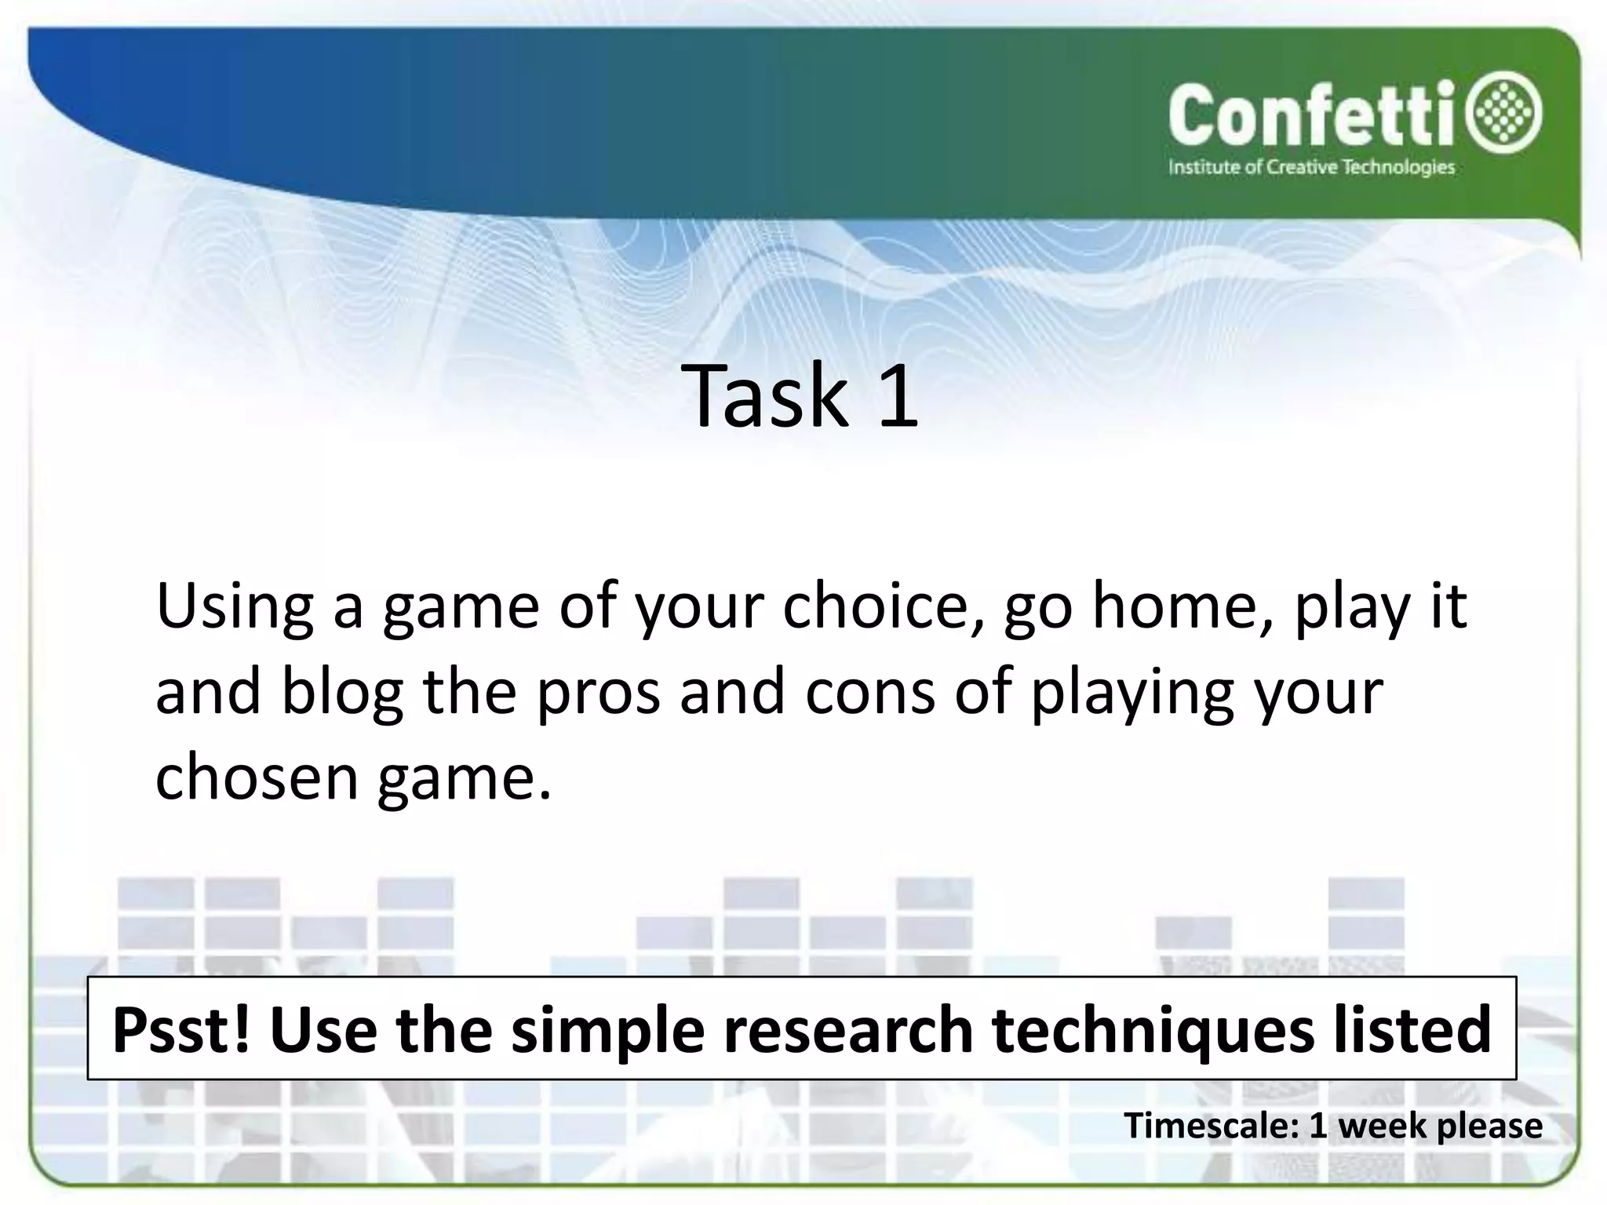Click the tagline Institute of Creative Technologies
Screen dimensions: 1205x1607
[1311, 167]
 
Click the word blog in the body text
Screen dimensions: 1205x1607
[342, 693]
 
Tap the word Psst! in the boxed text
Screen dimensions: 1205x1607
[181, 1030]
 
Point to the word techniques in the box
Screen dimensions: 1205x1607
[1153, 1030]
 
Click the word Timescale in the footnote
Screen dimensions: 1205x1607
[1213, 1126]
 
